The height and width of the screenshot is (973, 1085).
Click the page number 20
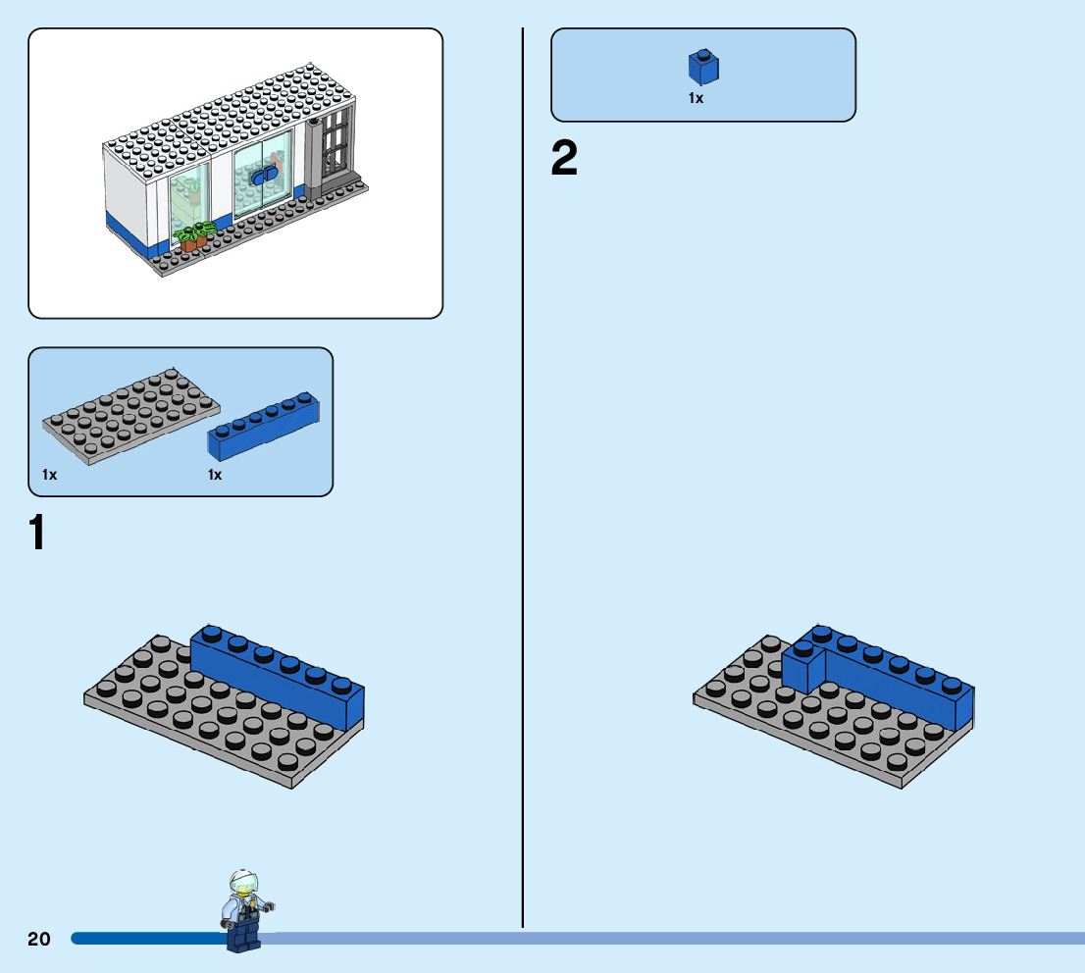[x=39, y=940]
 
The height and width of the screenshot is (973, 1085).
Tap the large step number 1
[x=36, y=534]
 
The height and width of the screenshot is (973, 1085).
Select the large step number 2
[x=565, y=160]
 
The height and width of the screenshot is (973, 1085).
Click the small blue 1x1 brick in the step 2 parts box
[x=701, y=68]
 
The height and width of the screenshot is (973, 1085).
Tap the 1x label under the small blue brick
[x=696, y=98]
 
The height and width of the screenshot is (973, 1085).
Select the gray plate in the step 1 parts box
[x=130, y=414]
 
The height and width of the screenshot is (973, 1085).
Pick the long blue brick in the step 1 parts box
[x=264, y=427]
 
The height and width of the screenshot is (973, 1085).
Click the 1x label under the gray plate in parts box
[x=50, y=475]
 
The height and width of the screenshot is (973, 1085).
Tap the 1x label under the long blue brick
[x=216, y=475]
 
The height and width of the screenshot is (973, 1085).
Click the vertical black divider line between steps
[x=523, y=490]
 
